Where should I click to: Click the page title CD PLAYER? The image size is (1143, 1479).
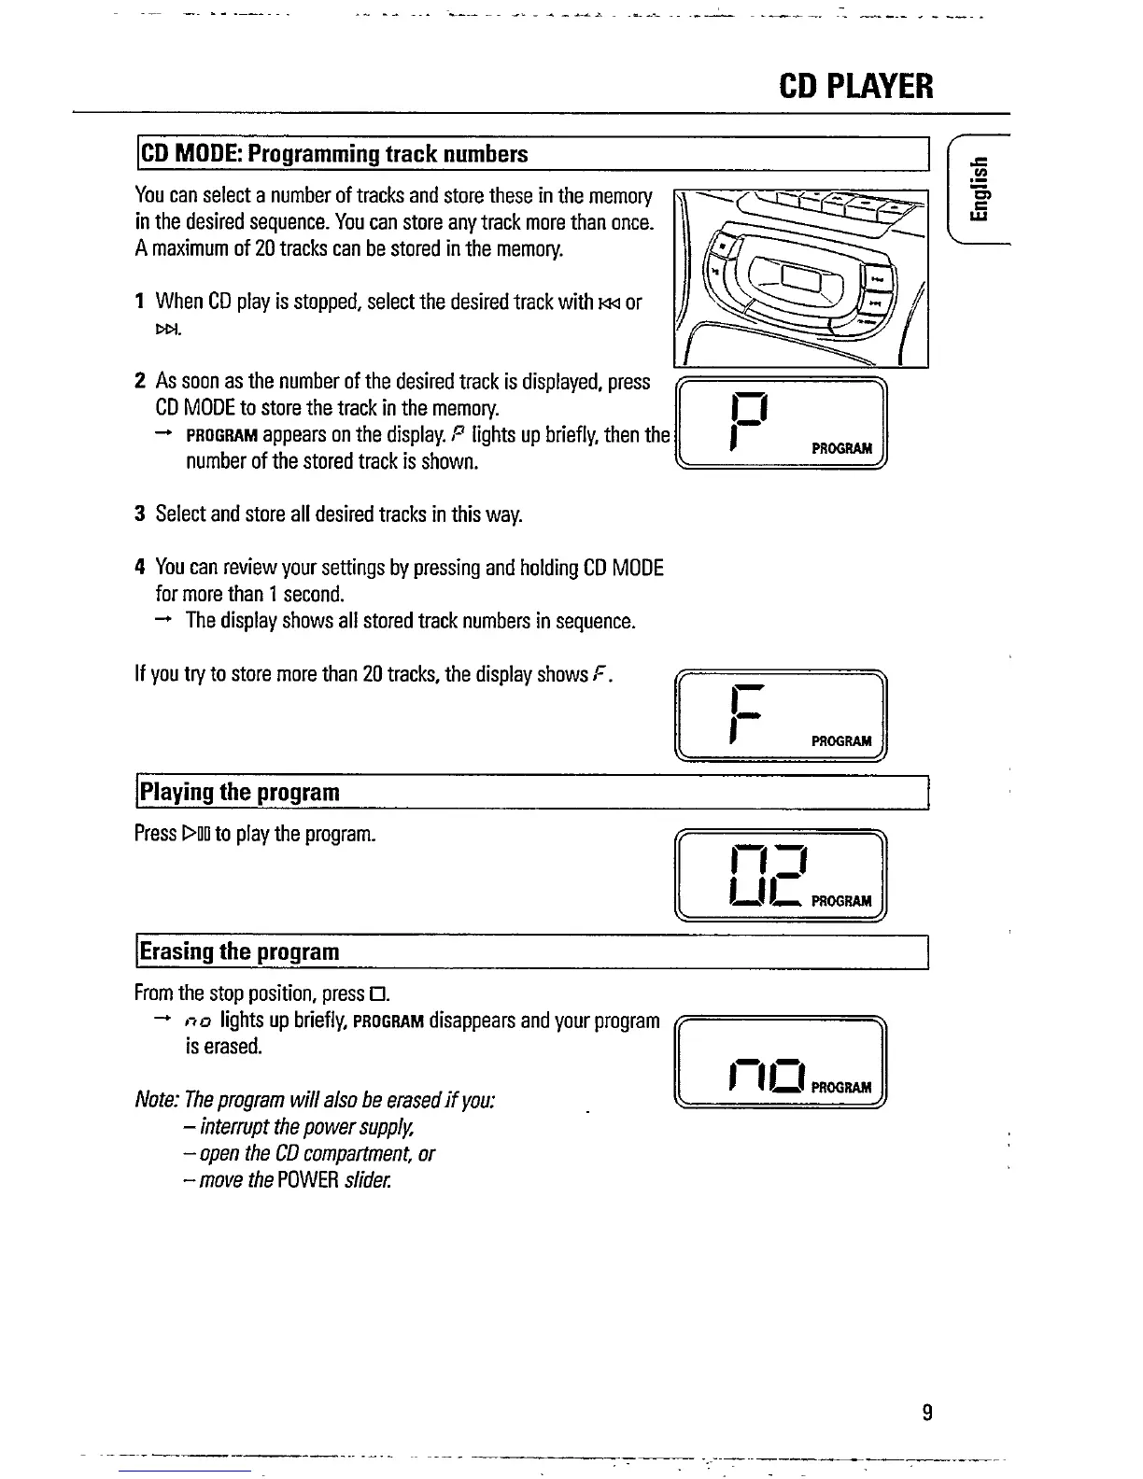[855, 87]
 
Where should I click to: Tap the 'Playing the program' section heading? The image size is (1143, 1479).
[239, 793]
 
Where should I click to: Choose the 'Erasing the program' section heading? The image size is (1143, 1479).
[239, 952]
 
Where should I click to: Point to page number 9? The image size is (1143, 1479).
[926, 1412]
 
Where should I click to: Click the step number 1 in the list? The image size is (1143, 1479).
[139, 302]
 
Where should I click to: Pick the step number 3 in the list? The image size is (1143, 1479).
[139, 514]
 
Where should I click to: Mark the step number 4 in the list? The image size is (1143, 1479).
[139, 568]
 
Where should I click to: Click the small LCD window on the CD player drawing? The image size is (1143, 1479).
[801, 276]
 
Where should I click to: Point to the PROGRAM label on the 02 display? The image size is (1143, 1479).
[841, 901]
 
